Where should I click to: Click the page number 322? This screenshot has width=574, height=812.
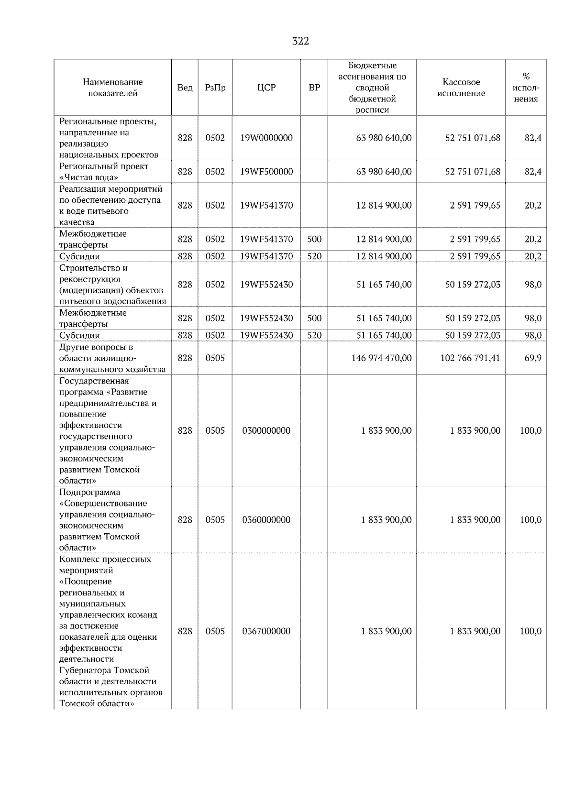point(300,41)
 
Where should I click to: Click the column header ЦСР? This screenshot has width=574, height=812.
point(266,88)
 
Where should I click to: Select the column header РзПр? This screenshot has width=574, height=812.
point(215,88)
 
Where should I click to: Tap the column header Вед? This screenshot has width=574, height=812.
point(185,88)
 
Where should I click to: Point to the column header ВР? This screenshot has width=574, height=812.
point(314,88)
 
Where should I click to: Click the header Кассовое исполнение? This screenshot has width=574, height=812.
point(461,88)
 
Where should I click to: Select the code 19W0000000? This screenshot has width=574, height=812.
point(266,138)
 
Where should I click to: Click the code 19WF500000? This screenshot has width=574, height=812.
point(266,172)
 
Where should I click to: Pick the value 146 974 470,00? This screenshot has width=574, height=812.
point(381,358)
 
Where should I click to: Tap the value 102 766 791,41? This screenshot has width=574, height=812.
point(470,358)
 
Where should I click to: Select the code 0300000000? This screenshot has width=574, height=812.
point(266,430)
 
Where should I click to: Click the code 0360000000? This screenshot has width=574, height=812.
point(266,520)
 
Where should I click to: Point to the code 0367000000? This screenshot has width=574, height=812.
point(266,631)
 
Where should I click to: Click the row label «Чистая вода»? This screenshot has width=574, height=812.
point(88,177)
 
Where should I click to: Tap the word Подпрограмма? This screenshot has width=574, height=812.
point(89,492)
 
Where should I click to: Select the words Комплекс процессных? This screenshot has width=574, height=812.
point(105,559)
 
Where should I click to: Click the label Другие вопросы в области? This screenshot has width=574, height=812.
point(96,352)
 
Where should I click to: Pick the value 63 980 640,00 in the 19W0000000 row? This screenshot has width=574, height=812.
point(384,138)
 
